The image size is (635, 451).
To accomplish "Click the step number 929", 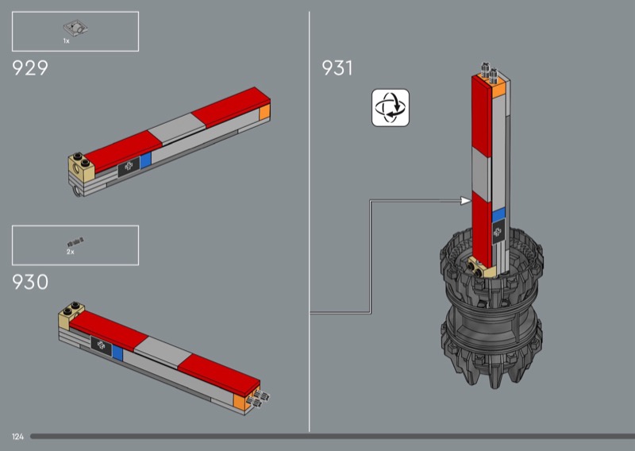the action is [30, 67].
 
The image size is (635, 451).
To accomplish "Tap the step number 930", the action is [30, 282].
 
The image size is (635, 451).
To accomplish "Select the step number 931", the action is [337, 67].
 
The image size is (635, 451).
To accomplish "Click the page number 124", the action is [17, 437].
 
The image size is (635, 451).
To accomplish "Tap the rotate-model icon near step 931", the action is [391, 108].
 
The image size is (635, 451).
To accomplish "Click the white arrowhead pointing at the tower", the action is [466, 201].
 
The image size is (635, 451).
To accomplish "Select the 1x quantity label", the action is [66, 41].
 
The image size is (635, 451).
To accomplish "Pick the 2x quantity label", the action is [71, 252].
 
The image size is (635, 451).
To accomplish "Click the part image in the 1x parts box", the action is [75, 28].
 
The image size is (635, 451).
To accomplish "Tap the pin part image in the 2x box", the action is [75, 242].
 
